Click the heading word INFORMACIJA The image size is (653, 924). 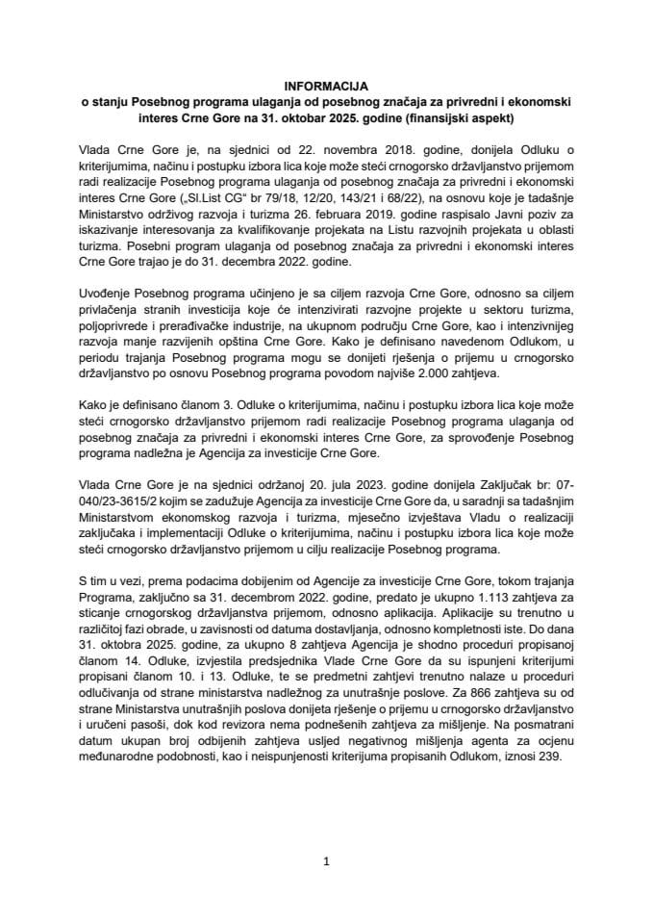click(x=326, y=86)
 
